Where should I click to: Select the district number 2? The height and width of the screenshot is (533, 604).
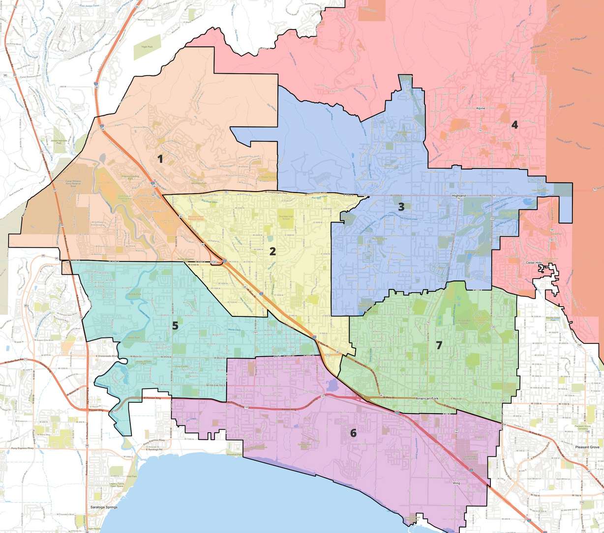click(x=272, y=252)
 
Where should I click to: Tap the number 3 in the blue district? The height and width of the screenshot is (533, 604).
click(x=401, y=207)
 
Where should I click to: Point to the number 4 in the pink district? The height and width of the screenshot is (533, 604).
click(x=514, y=125)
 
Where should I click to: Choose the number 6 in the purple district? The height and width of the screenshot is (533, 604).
click(x=353, y=433)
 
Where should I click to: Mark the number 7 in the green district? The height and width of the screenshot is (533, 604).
click(x=439, y=345)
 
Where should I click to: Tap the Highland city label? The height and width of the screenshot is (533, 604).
click(x=458, y=196)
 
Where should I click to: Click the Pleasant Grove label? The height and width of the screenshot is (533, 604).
click(x=588, y=448)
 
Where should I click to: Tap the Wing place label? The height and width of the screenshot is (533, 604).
click(x=456, y=483)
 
